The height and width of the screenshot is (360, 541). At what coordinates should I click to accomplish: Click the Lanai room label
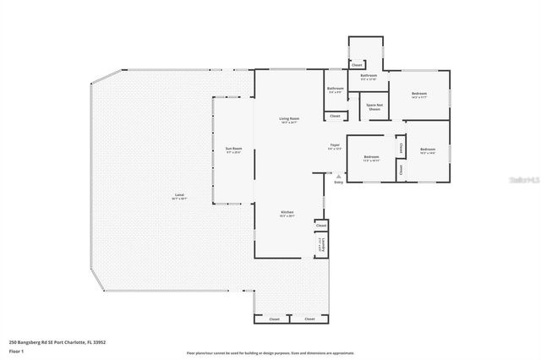[179, 198]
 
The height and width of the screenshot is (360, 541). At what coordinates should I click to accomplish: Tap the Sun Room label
[233, 150]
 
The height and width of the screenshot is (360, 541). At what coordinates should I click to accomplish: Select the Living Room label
[289, 120]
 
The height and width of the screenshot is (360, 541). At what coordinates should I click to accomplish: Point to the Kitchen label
[287, 215]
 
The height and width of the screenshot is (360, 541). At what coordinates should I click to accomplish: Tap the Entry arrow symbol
[339, 176]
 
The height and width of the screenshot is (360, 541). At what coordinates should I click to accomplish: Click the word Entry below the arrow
[339, 182]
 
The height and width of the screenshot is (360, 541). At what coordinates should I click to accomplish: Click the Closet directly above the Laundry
[320, 226]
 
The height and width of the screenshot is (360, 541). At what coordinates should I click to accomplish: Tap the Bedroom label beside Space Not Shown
[419, 95]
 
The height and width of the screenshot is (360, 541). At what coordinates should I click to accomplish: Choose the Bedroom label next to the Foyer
[372, 158]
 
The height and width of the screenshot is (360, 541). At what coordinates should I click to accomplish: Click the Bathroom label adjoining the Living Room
[335, 90]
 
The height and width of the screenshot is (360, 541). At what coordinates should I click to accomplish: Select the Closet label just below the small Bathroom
[335, 116]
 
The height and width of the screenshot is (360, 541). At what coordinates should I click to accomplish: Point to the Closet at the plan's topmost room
[357, 65]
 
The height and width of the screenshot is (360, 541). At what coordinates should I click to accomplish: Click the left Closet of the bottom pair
[274, 319]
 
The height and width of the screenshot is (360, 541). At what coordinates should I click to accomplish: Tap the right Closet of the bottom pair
[309, 319]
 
